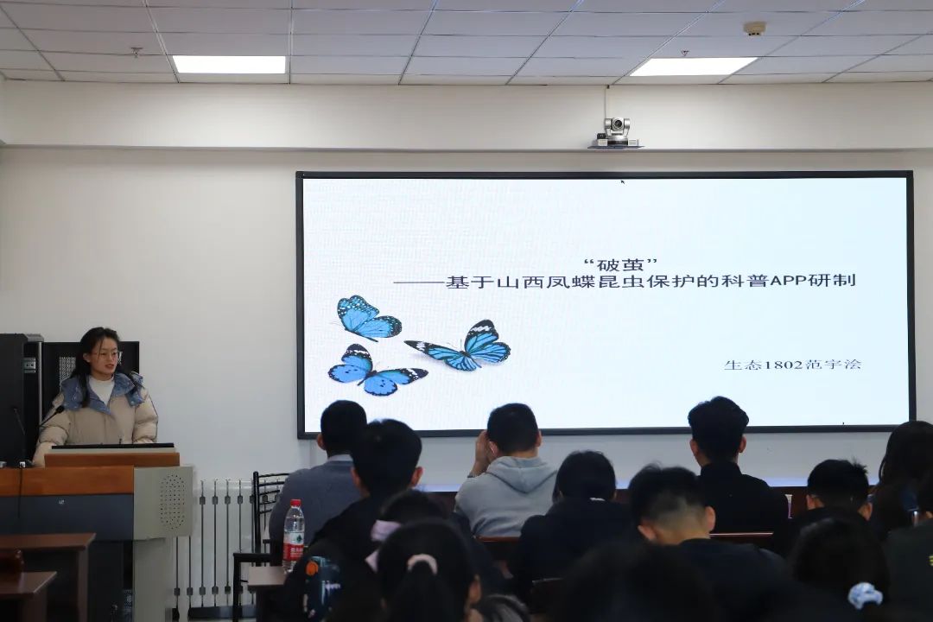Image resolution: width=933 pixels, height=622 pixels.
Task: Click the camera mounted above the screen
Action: pos(616,132)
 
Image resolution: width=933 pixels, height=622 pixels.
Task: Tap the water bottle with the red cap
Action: pos(294,536)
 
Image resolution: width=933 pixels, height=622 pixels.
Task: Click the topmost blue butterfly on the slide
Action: pos(368,318)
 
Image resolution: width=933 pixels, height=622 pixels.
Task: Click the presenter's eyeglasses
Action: pos(105,356)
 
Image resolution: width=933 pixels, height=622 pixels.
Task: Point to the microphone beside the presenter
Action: pos(50,416)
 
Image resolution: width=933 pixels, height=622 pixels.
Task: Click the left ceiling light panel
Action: pos(230,64)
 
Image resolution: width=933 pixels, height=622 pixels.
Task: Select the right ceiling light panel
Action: pos(693,66)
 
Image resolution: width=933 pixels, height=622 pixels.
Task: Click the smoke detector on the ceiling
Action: pos(755,28)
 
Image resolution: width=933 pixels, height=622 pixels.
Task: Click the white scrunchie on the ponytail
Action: pos(422,562)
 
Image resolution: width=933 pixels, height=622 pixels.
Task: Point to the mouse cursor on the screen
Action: pos(623,182)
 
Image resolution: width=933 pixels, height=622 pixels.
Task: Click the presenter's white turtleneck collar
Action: pos(101,387)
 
